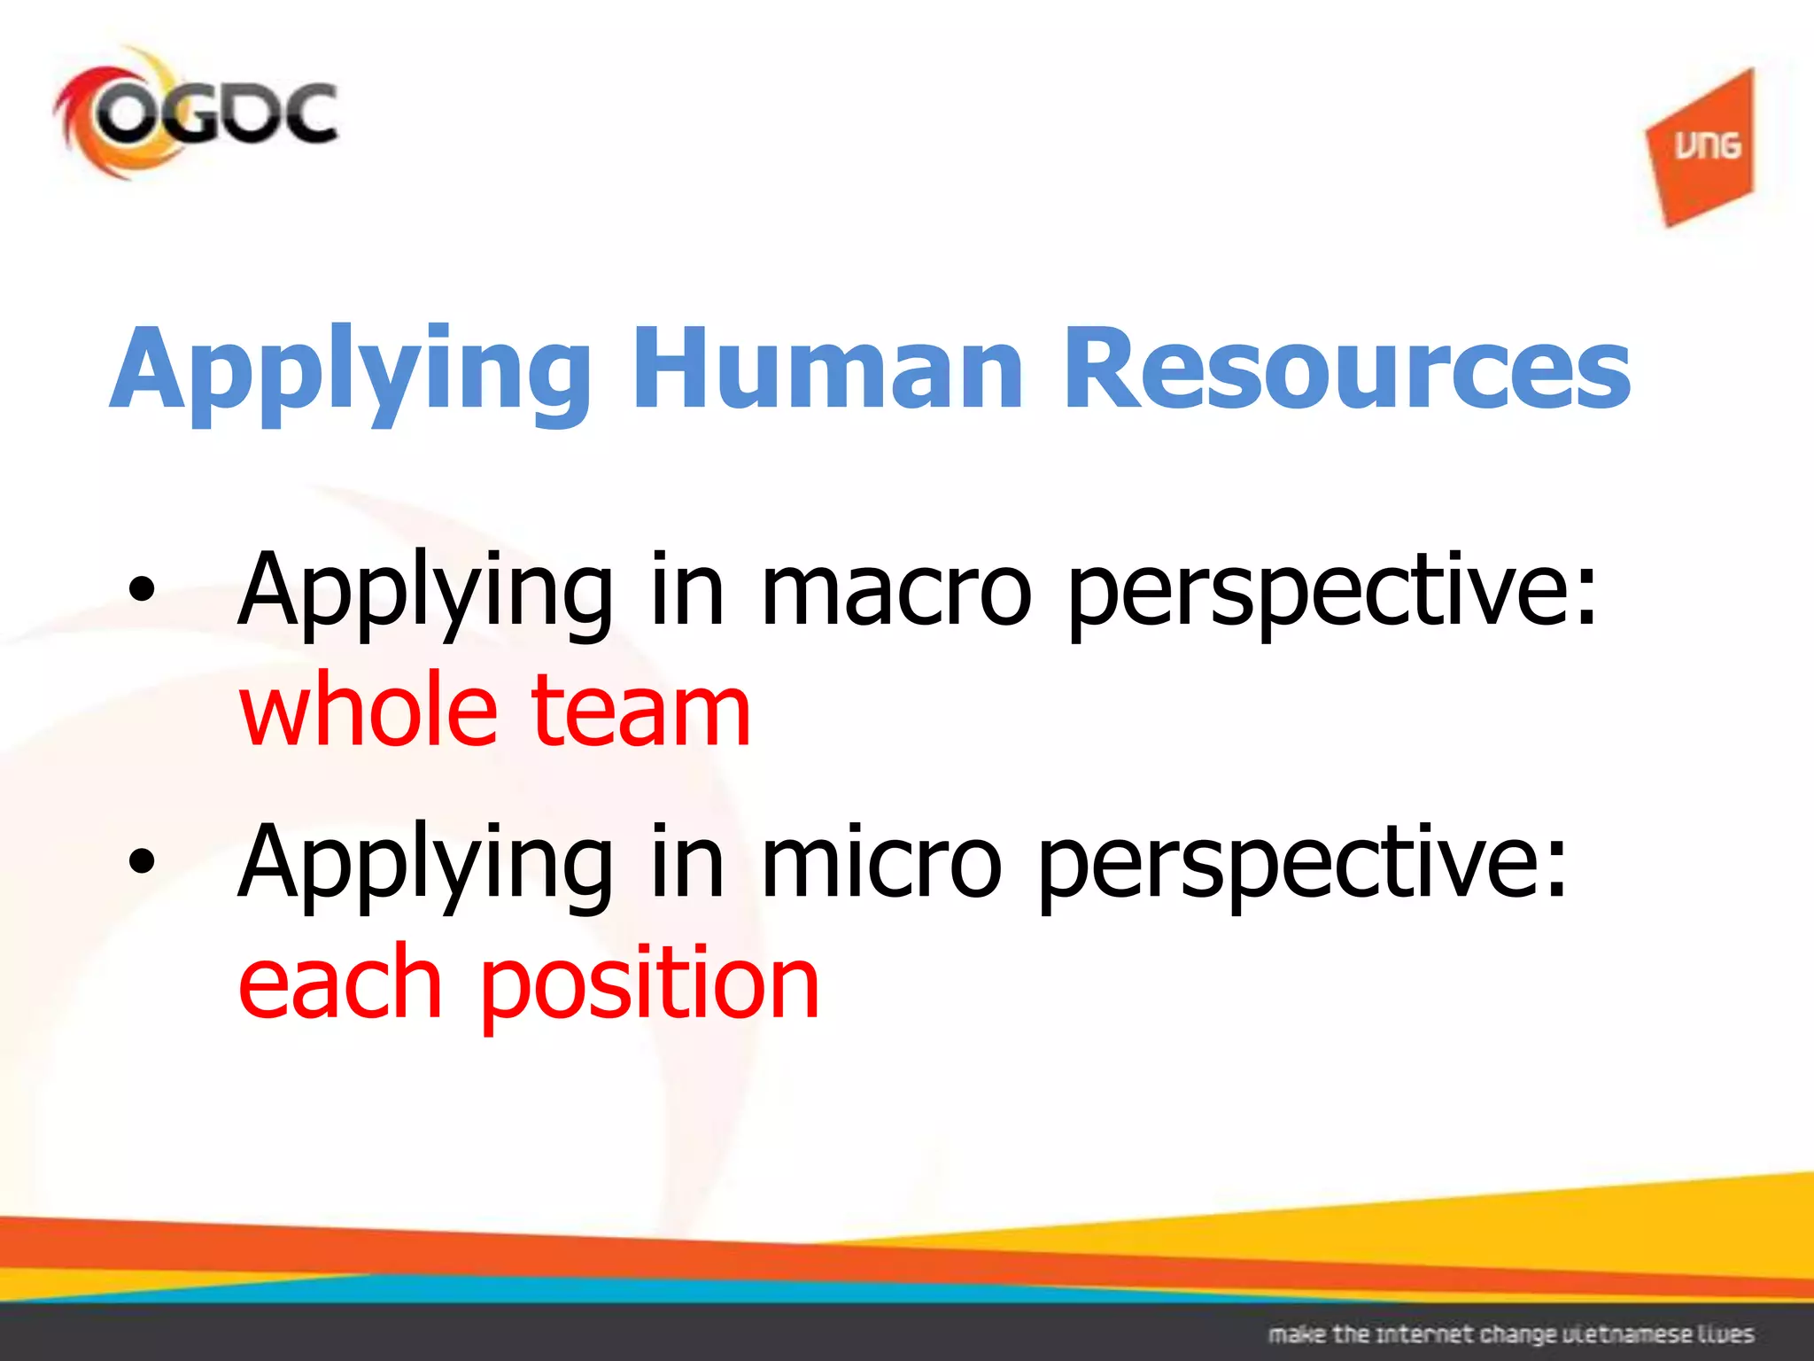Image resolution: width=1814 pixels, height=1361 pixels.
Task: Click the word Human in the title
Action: [x=828, y=369]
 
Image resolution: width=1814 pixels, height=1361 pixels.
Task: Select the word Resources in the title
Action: [x=1346, y=369]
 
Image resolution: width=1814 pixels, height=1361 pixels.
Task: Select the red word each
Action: [x=340, y=982]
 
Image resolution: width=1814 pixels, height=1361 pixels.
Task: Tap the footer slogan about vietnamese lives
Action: [x=1511, y=1334]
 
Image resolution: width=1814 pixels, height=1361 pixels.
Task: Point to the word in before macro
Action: [x=687, y=589]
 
